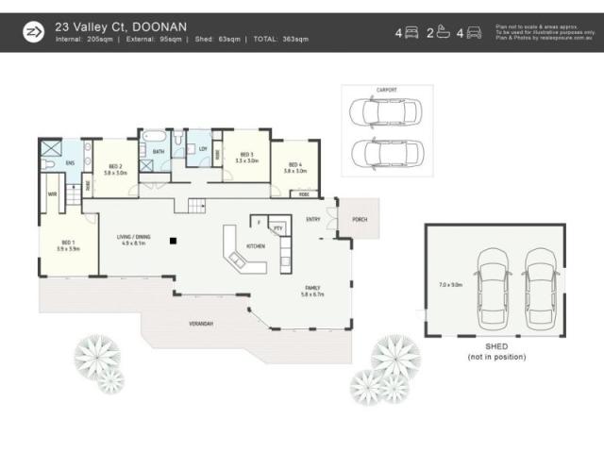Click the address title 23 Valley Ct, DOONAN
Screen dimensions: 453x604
pos(123,26)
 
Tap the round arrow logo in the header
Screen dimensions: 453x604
pos(33,32)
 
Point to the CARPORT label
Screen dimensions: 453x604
pos(387,90)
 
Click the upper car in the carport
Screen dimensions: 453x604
pos(386,112)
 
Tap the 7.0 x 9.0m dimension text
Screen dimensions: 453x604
pos(451,284)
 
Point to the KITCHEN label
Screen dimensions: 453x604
pos(255,246)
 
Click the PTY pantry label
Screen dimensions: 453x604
pos(277,227)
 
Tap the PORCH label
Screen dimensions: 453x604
pos(360,223)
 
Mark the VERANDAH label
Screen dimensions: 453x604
pos(201,324)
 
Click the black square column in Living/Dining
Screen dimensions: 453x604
pos(173,241)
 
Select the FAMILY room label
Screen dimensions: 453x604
pos(312,288)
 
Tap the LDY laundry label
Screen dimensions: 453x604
pos(202,148)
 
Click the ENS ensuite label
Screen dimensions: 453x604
pos(71,161)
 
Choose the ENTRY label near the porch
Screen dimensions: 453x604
pos(312,219)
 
